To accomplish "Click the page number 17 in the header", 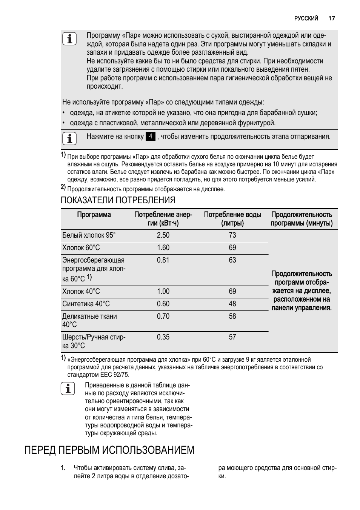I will click(x=331, y=18).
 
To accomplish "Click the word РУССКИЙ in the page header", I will click(x=306, y=18).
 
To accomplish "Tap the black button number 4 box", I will click(x=150, y=137).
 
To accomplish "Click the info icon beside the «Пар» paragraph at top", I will click(x=69, y=39).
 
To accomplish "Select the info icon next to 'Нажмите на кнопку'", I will click(x=69, y=139).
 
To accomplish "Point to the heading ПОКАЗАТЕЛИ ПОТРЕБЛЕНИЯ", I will click(x=118, y=200).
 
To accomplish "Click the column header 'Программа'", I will click(x=94, y=215).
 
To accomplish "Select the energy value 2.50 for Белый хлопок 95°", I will click(x=163, y=235).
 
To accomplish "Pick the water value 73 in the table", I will click(x=232, y=235).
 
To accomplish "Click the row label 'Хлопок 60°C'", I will click(x=81, y=247).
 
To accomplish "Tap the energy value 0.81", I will click(x=163, y=260).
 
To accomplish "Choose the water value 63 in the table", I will click(x=232, y=260).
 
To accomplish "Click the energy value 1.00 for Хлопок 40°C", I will click(x=163, y=291).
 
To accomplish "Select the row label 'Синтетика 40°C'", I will click(x=86, y=304).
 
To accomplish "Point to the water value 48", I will click(x=232, y=304).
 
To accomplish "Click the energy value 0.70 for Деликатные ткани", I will click(x=163, y=316).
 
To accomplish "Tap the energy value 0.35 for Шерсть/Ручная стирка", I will click(x=163, y=337).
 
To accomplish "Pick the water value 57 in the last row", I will click(x=232, y=337).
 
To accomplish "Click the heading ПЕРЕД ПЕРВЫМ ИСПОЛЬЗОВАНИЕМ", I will click(x=109, y=450).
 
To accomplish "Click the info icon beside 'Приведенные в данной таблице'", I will click(x=68, y=389).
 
